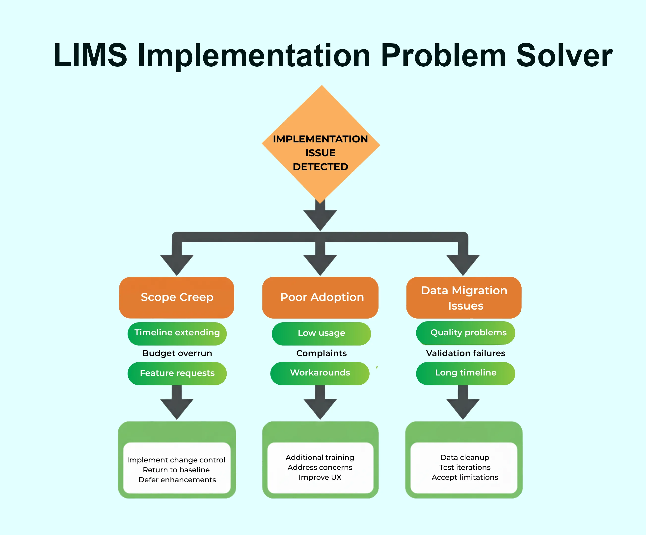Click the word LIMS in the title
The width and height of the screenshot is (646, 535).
click(x=90, y=55)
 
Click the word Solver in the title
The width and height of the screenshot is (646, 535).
click(x=564, y=55)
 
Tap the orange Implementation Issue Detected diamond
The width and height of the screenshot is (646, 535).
click(x=321, y=145)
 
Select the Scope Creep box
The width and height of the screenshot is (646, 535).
click(x=177, y=297)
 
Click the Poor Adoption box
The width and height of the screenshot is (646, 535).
click(x=321, y=297)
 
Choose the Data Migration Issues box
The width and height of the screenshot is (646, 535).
click(x=464, y=297)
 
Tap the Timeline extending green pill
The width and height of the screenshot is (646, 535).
click(x=177, y=333)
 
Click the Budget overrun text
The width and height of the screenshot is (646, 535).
click(x=177, y=353)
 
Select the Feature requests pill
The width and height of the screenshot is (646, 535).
click(x=177, y=373)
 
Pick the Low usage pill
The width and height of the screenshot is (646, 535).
click(x=321, y=333)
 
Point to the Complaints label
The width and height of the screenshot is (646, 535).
click(x=321, y=353)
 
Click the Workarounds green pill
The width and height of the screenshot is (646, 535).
click(x=320, y=373)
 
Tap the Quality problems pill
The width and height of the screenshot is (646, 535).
click(x=466, y=333)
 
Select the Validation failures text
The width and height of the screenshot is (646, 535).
click(x=465, y=353)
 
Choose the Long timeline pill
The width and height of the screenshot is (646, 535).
click(x=465, y=373)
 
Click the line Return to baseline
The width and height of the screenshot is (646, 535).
click(x=176, y=470)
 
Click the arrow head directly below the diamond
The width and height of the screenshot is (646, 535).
click(x=320, y=219)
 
